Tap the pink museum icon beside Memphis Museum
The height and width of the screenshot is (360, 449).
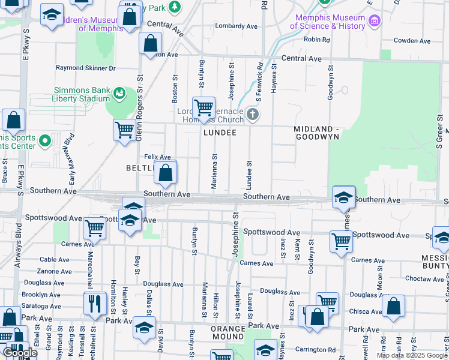(375, 22)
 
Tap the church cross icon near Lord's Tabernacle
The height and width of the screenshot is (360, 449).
(253, 114)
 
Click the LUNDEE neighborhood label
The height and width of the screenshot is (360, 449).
(219, 132)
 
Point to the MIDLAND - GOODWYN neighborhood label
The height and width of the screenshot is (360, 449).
(316, 133)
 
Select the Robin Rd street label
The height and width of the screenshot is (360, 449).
(317, 40)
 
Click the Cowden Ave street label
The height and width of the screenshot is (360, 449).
(412, 41)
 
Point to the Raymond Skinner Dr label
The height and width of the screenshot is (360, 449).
(85, 68)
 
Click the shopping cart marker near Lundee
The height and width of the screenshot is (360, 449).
(203, 109)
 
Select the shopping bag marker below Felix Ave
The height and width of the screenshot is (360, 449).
(166, 173)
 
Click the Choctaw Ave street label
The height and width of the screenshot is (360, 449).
(424, 278)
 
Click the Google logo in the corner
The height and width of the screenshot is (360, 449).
(19, 353)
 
